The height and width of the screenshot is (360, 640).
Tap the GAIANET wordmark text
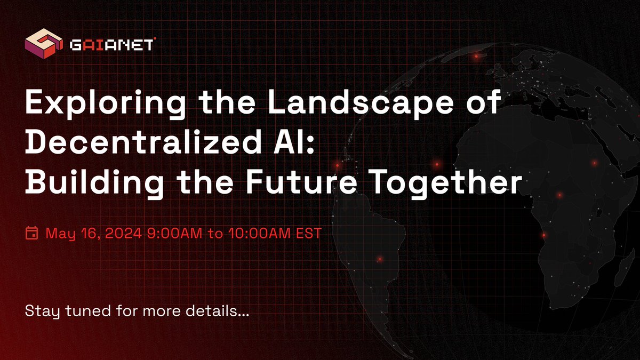point(112,45)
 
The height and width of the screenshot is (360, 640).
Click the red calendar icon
point(31,233)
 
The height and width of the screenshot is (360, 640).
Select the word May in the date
point(59,233)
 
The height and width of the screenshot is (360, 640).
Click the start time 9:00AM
point(170,233)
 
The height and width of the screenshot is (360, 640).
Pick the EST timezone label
point(307,233)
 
